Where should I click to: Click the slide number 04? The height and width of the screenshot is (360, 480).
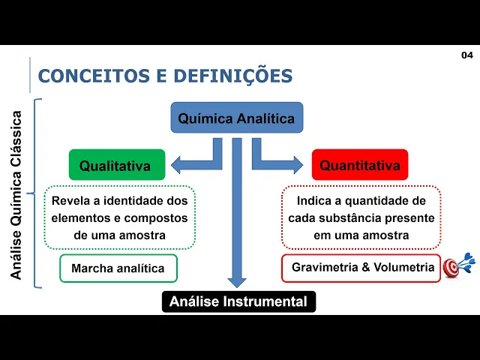click(x=466, y=55)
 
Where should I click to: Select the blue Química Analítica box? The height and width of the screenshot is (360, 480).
click(x=236, y=118)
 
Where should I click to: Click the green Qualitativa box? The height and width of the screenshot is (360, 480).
click(x=115, y=165)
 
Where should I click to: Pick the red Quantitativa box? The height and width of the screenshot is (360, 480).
click(x=360, y=165)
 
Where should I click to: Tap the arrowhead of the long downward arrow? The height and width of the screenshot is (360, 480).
click(x=237, y=280)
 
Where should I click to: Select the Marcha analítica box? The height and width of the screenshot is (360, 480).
click(x=118, y=268)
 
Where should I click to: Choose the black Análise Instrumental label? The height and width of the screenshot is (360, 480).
click(x=238, y=301)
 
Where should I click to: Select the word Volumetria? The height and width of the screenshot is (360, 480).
click(x=407, y=268)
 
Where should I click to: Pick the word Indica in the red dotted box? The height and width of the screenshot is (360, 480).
click(x=314, y=201)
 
